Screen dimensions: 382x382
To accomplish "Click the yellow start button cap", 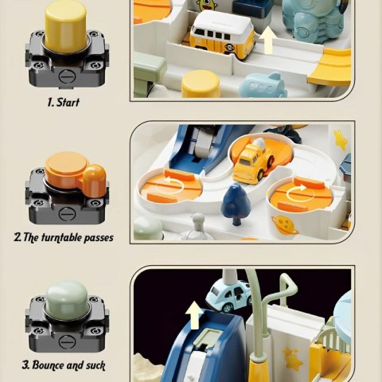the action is click(x=66, y=25).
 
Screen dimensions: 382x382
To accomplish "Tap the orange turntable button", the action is click(x=74, y=172).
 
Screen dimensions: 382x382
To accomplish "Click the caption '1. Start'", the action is click(x=64, y=103).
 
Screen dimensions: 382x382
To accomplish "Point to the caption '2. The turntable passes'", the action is click(x=64, y=237).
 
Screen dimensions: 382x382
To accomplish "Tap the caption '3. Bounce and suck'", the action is click(x=64, y=365).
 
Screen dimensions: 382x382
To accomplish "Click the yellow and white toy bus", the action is click(x=221, y=33).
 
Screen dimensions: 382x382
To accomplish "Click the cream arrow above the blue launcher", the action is click(x=194, y=315).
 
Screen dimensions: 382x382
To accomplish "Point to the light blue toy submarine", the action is click(x=263, y=85).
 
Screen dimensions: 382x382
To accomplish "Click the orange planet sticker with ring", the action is click(x=285, y=225).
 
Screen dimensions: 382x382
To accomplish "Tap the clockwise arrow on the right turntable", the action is click(x=297, y=193).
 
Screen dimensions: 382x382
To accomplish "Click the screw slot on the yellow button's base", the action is click(x=65, y=76).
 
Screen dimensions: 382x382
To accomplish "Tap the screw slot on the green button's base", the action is click(x=65, y=341).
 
